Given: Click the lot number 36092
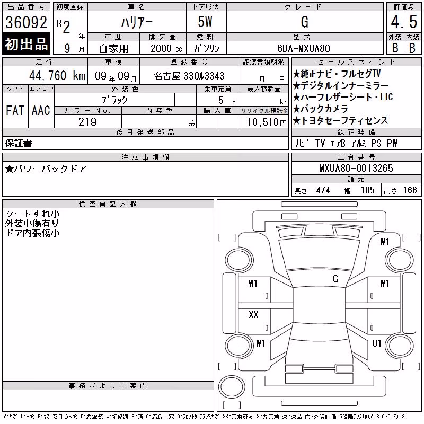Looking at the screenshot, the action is pos(26,22).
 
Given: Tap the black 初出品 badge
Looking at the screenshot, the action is pos(26,44).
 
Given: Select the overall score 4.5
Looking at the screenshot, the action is pos(404,22).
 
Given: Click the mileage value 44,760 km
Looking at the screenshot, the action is pos(57,76).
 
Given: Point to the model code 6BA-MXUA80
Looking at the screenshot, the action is pos(304,48).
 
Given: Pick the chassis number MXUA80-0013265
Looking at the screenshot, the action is pos(356,168).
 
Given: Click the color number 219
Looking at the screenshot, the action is pos(87,122).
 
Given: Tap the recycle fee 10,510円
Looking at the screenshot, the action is pos(267,122).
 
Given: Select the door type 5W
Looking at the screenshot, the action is pos(205,22).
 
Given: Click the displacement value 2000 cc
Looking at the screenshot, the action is pos(166,49).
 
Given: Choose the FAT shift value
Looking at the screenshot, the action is pos(15,110).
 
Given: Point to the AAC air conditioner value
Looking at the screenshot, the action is pos(41,110).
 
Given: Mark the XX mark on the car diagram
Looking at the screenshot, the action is pos(253,314).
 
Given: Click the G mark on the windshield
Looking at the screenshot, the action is pos(335,279).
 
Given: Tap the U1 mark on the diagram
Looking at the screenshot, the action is pos(377,343).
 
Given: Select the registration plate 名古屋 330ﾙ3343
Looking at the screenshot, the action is pos(189,76).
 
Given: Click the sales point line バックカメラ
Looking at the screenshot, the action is pos(321,109).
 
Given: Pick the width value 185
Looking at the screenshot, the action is pos(367,190).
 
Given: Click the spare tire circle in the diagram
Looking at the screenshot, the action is pos(232,387).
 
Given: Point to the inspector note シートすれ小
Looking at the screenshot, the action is pos(32,214).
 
